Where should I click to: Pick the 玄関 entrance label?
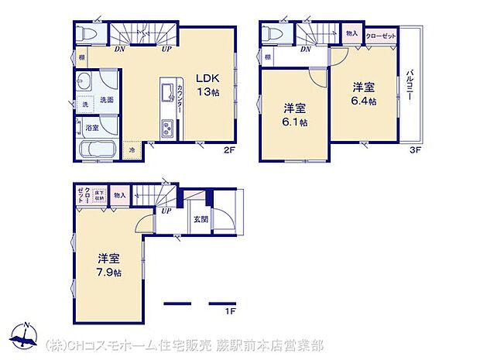pyautogui.click(x=201, y=219)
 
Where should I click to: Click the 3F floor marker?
pyautogui.click(x=415, y=149)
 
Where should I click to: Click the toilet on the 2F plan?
pyautogui.click(x=89, y=34)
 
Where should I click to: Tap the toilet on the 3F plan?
pyautogui.click(x=272, y=34)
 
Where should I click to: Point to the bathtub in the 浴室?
pyautogui.click(x=98, y=149)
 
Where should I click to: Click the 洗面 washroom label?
pyautogui.click(x=107, y=100)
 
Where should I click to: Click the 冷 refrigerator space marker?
pyautogui.click(x=132, y=149)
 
